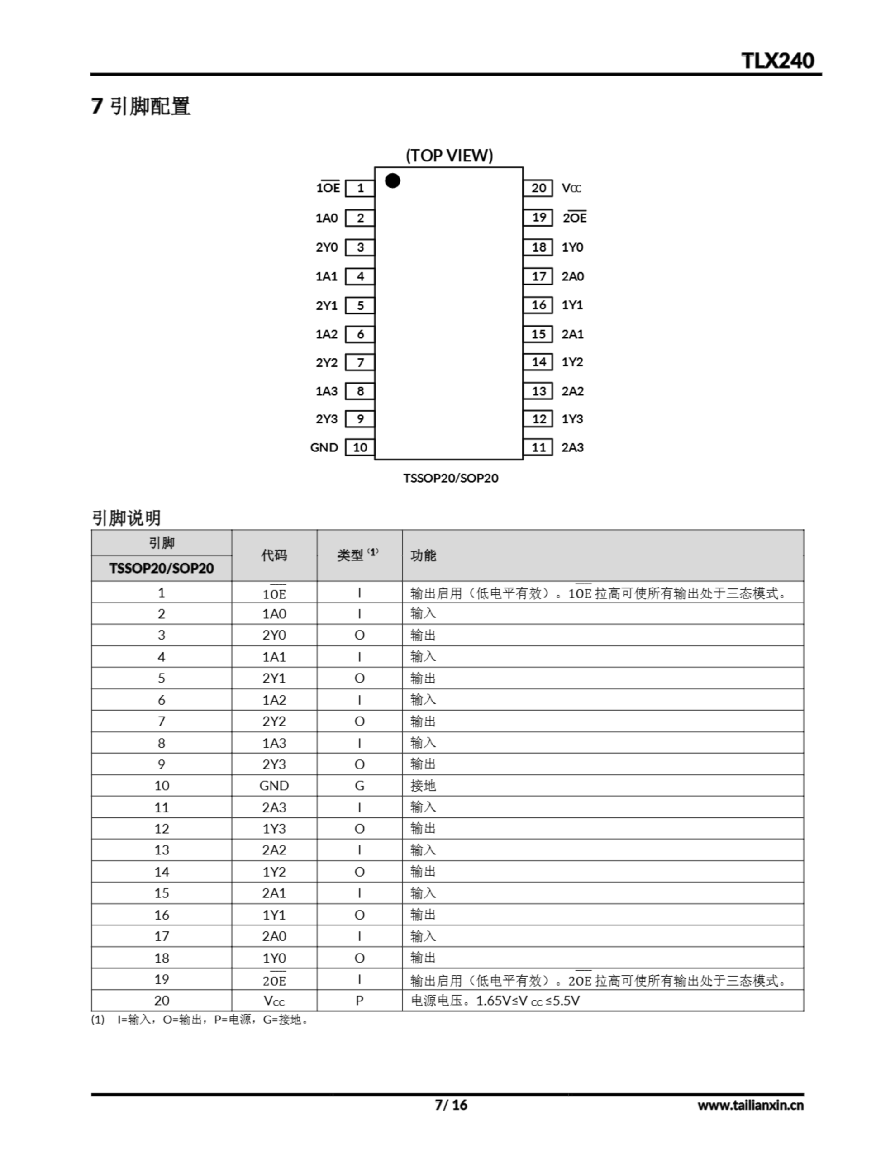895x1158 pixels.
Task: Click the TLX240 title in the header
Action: click(x=777, y=61)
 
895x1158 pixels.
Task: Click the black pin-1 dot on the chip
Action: click(x=393, y=181)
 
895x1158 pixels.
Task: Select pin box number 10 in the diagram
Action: click(x=360, y=447)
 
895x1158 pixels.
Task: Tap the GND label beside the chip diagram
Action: click(x=324, y=447)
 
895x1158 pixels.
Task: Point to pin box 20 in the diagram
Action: click(x=538, y=188)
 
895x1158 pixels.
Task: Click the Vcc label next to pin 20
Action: click(x=571, y=188)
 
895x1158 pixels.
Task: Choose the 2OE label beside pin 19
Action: click(x=575, y=218)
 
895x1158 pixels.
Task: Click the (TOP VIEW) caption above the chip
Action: click(x=449, y=155)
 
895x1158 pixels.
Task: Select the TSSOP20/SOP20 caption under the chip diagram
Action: click(x=450, y=478)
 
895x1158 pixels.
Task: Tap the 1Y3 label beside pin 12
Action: click(x=572, y=419)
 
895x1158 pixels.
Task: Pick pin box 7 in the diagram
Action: click(x=360, y=362)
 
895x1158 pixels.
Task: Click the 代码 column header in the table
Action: click(x=274, y=555)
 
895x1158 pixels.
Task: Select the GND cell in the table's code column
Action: click(x=274, y=785)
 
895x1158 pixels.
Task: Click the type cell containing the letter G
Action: click(x=359, y=785)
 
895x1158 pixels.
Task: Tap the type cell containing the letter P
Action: click(x=359, y=1001)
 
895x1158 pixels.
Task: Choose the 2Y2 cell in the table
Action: click(x=274, y=721)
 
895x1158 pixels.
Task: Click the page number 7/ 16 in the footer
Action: click(x=451, y=1105)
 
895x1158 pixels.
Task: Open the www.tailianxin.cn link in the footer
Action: click(x=750, y=1105)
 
